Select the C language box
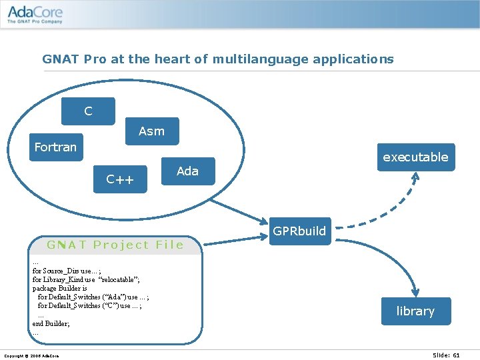88,111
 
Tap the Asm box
152,131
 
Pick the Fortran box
55,147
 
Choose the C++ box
120,179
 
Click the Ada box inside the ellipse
188,171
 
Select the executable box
415,157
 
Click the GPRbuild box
299,231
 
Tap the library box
415,311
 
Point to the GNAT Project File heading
115,245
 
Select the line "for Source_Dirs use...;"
67,271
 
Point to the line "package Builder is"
60,288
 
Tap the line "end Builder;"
51,323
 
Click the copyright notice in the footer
31,355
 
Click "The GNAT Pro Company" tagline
35,21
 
